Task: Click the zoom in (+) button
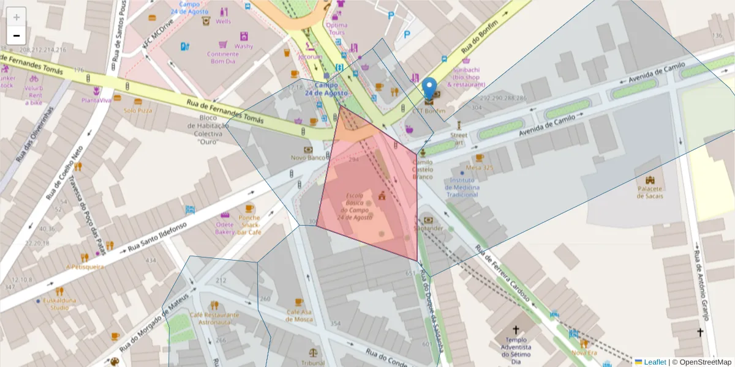coord(17,17)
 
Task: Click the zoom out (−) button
coord(17,35)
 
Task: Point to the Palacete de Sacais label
coord(649,192)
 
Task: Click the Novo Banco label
coord(307,158)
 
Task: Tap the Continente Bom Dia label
coord(224,57)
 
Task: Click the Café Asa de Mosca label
coord(299,315)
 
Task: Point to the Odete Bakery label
coord(225,228)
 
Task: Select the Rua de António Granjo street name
coord(702,285)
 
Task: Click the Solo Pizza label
coord(138,111)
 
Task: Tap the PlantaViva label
coord(96,100)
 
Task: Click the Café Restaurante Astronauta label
coord(214,318)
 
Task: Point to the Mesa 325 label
coord(480,168)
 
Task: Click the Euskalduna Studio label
coord(59,304)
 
